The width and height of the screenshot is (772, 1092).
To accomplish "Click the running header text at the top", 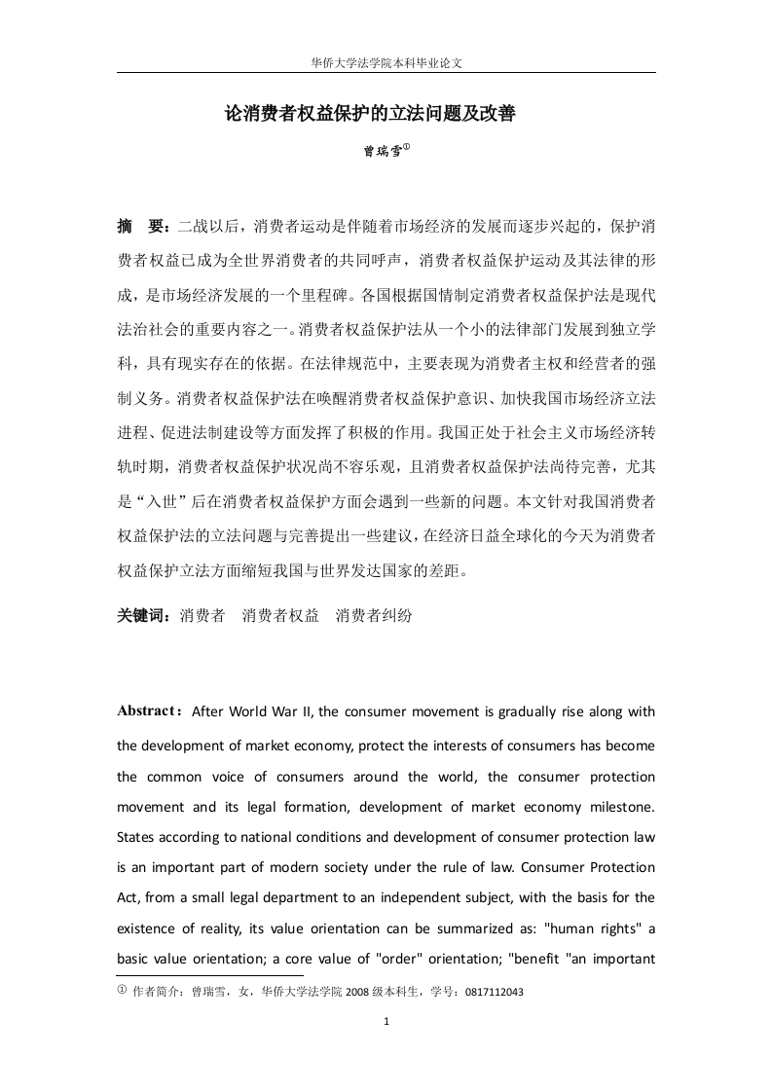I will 386,60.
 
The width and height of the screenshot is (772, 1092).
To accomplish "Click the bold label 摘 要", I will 143,227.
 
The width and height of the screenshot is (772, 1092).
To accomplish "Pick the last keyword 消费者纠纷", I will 374,615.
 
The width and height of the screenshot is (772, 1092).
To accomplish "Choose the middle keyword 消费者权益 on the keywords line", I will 280,615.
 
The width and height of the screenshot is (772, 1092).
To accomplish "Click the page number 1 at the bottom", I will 386,1021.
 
